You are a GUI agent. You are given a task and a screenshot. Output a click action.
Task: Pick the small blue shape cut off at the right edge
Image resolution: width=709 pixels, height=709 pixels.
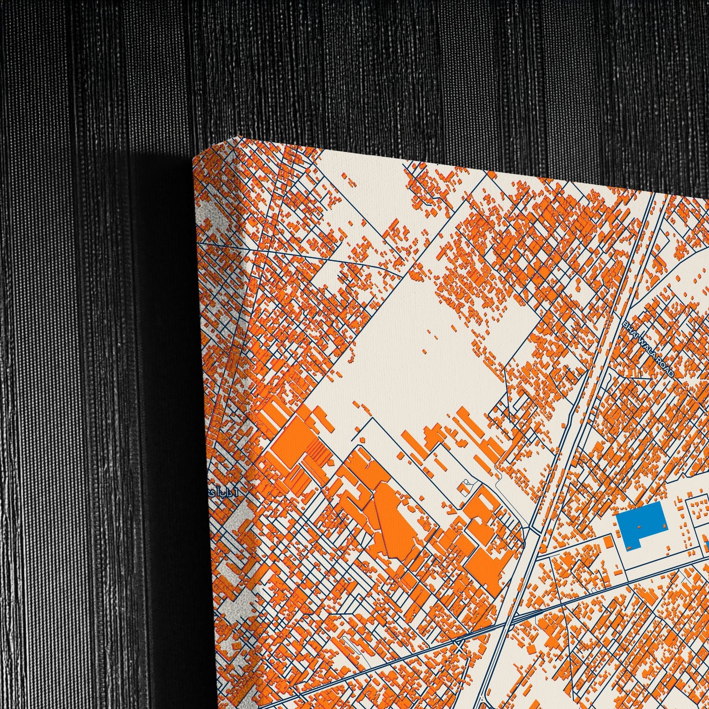pyautogui.click(x=707, y=547)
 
